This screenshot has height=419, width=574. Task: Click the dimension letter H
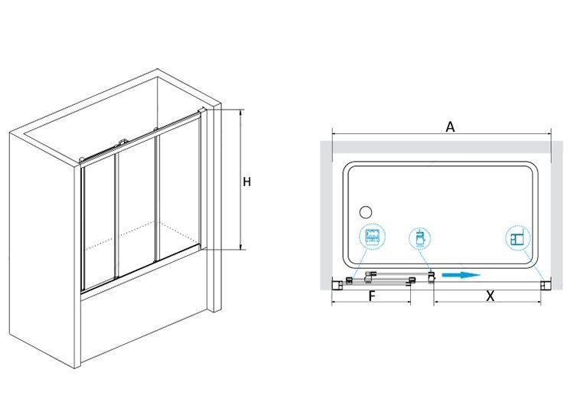246,182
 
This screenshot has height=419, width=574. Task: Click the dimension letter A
450,126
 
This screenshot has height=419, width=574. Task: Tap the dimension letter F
372,296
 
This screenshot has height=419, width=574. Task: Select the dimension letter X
490,296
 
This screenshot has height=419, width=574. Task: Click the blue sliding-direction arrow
461,275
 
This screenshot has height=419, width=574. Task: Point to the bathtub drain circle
365,211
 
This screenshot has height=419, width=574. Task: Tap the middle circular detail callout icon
419,238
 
